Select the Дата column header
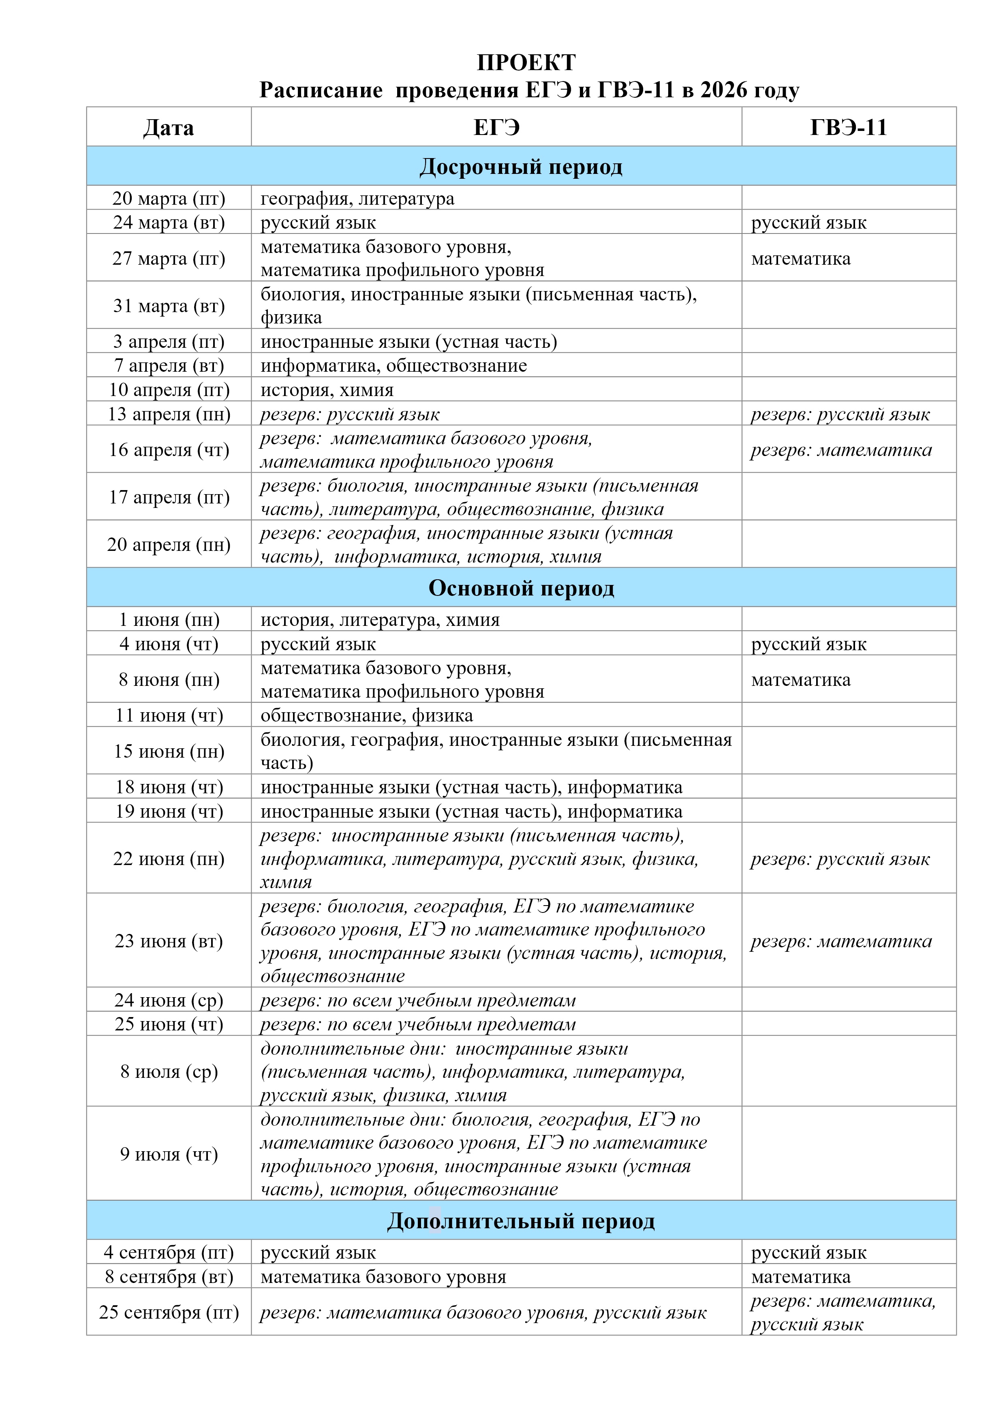coord(169,128)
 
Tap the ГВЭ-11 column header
coord(848,128)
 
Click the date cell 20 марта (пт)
coord(169,198)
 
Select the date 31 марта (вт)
coord(169,305)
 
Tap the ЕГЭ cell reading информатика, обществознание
coord(394,365)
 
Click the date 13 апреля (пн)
coord(169,414)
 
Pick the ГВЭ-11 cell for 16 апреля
coord(841,450)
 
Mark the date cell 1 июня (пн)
coord(169,619)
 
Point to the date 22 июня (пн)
coord(169,859)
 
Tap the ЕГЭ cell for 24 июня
coord(418,1000)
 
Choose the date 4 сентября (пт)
coord(169,1252)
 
